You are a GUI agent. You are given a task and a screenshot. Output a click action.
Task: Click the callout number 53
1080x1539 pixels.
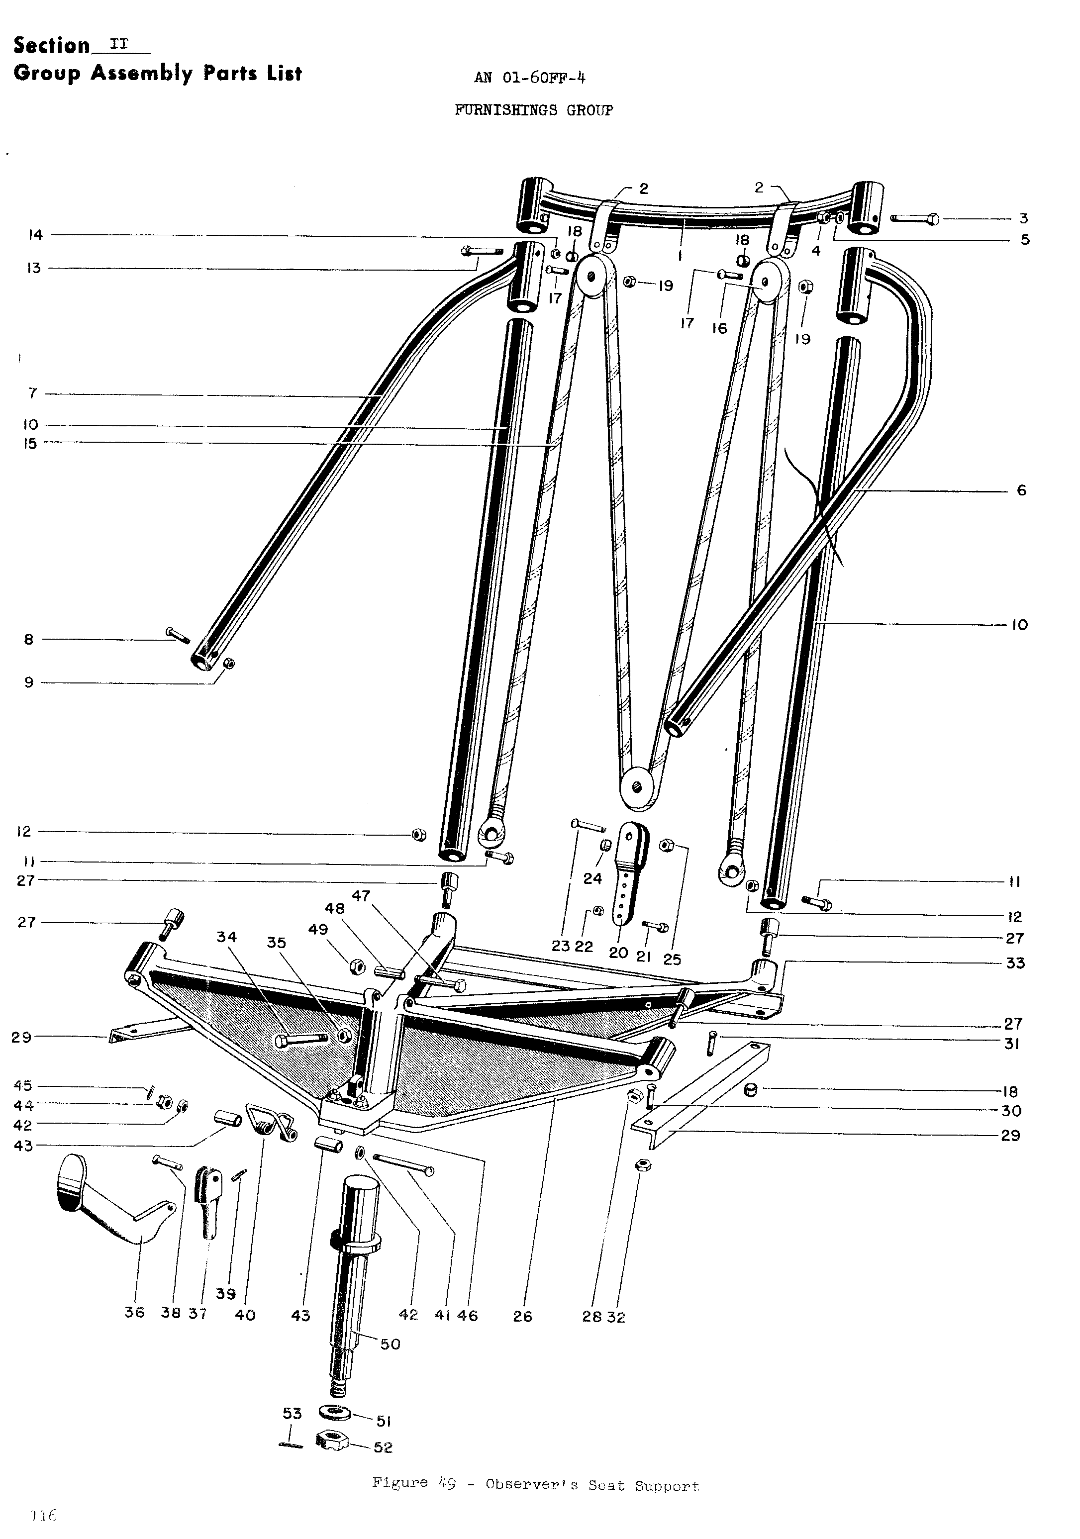(x=293, y=1413)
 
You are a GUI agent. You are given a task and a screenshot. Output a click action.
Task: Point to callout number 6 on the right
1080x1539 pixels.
(x=1021, y=490)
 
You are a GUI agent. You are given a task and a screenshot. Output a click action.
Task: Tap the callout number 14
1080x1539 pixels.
(x=35, y=235)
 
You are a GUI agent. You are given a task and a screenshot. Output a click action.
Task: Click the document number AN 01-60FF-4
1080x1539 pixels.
(x=530, y=78)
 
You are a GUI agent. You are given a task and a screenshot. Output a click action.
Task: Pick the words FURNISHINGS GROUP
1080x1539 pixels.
(x=534, y=110)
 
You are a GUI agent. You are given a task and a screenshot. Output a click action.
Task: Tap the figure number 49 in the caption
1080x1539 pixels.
(x=447, y=1483)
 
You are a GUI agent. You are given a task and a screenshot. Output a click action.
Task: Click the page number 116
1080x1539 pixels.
(x=44, y=1516)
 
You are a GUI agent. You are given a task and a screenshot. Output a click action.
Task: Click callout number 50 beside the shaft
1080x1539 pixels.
(x=390, y=1344)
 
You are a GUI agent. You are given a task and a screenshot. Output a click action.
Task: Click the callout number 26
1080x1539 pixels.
(x=522, y=1316)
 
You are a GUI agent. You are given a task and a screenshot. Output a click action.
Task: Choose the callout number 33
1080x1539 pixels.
(x=1015, y=963)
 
